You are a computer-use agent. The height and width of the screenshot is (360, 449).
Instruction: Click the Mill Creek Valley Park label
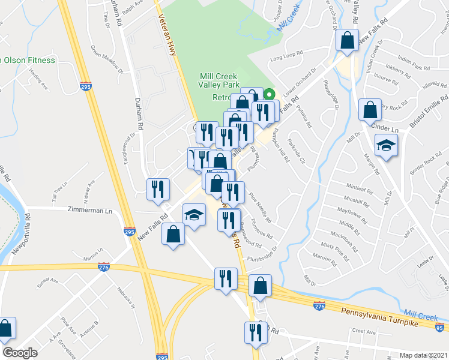(x=218, y=81)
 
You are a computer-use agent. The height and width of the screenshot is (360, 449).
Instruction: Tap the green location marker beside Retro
(x=270, y=94)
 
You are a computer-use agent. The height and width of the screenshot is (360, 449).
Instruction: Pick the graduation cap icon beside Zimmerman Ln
(x=194, y=215)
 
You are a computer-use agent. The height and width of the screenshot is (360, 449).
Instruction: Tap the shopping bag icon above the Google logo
(x=5, y=328)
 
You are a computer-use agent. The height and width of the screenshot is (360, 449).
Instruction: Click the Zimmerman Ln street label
(x=90, y=211)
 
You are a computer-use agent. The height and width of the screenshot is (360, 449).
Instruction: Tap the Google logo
(x=20, y=353)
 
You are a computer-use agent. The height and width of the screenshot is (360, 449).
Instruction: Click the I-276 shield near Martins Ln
(x=104, y=268)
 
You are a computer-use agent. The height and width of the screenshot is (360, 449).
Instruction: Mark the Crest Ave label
(x=364, y=331)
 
